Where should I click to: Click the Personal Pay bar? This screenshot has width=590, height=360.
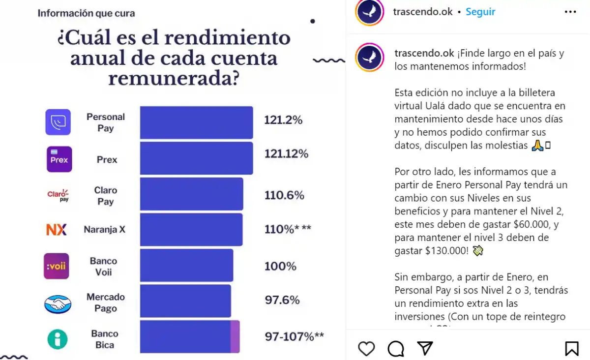[196, 122]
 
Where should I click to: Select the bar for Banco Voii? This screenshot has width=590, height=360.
[186, 266]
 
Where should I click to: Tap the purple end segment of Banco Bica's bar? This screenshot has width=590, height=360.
[235, 336]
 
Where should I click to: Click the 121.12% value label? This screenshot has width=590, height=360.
[286, 154]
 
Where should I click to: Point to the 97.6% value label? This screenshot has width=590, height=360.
[282, 300]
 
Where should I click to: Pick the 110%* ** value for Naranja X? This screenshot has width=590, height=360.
[288, 229]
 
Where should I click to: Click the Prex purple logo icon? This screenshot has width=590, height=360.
[59, 159]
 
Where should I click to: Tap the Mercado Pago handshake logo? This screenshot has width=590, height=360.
[58, 304]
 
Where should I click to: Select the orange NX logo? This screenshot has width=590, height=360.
[57, 230]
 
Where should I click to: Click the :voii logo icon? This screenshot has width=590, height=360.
[56, 266]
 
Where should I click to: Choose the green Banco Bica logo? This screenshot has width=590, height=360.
[58, 339]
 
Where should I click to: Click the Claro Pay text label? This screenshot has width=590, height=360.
[105, 196]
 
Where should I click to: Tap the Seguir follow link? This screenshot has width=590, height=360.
[480, 12]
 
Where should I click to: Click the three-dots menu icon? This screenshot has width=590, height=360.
[570, 12]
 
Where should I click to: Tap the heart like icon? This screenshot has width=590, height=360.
[366, 349]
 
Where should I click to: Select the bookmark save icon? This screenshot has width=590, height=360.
[571, 349]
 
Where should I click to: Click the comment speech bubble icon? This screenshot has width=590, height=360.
[395, 349]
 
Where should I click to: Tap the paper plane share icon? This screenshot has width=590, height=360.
[425, 348]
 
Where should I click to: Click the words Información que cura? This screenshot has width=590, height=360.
[86, 13]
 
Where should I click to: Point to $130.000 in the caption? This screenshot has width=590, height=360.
[447, 251]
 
